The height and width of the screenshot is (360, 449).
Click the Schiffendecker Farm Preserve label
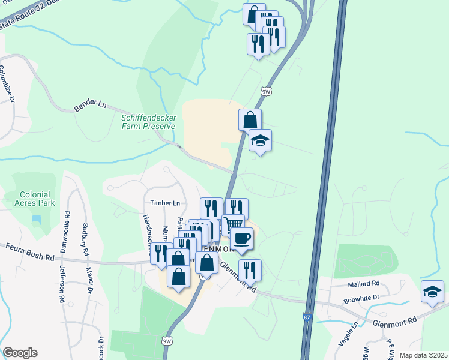click(148, 122)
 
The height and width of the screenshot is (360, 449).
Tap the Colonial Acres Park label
click(37, 199)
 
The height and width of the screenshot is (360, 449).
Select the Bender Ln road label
click(89, 106)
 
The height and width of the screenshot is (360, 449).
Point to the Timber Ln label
click(165, 203)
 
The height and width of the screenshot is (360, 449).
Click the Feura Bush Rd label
click(30, 251)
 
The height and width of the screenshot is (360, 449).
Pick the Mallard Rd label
click(364, 283)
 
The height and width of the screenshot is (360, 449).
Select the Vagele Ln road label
click(347, 334)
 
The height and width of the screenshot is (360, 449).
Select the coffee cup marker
click(241, 238)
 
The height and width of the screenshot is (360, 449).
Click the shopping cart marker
click(233, 224)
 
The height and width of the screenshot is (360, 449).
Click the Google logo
click(20, 353)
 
